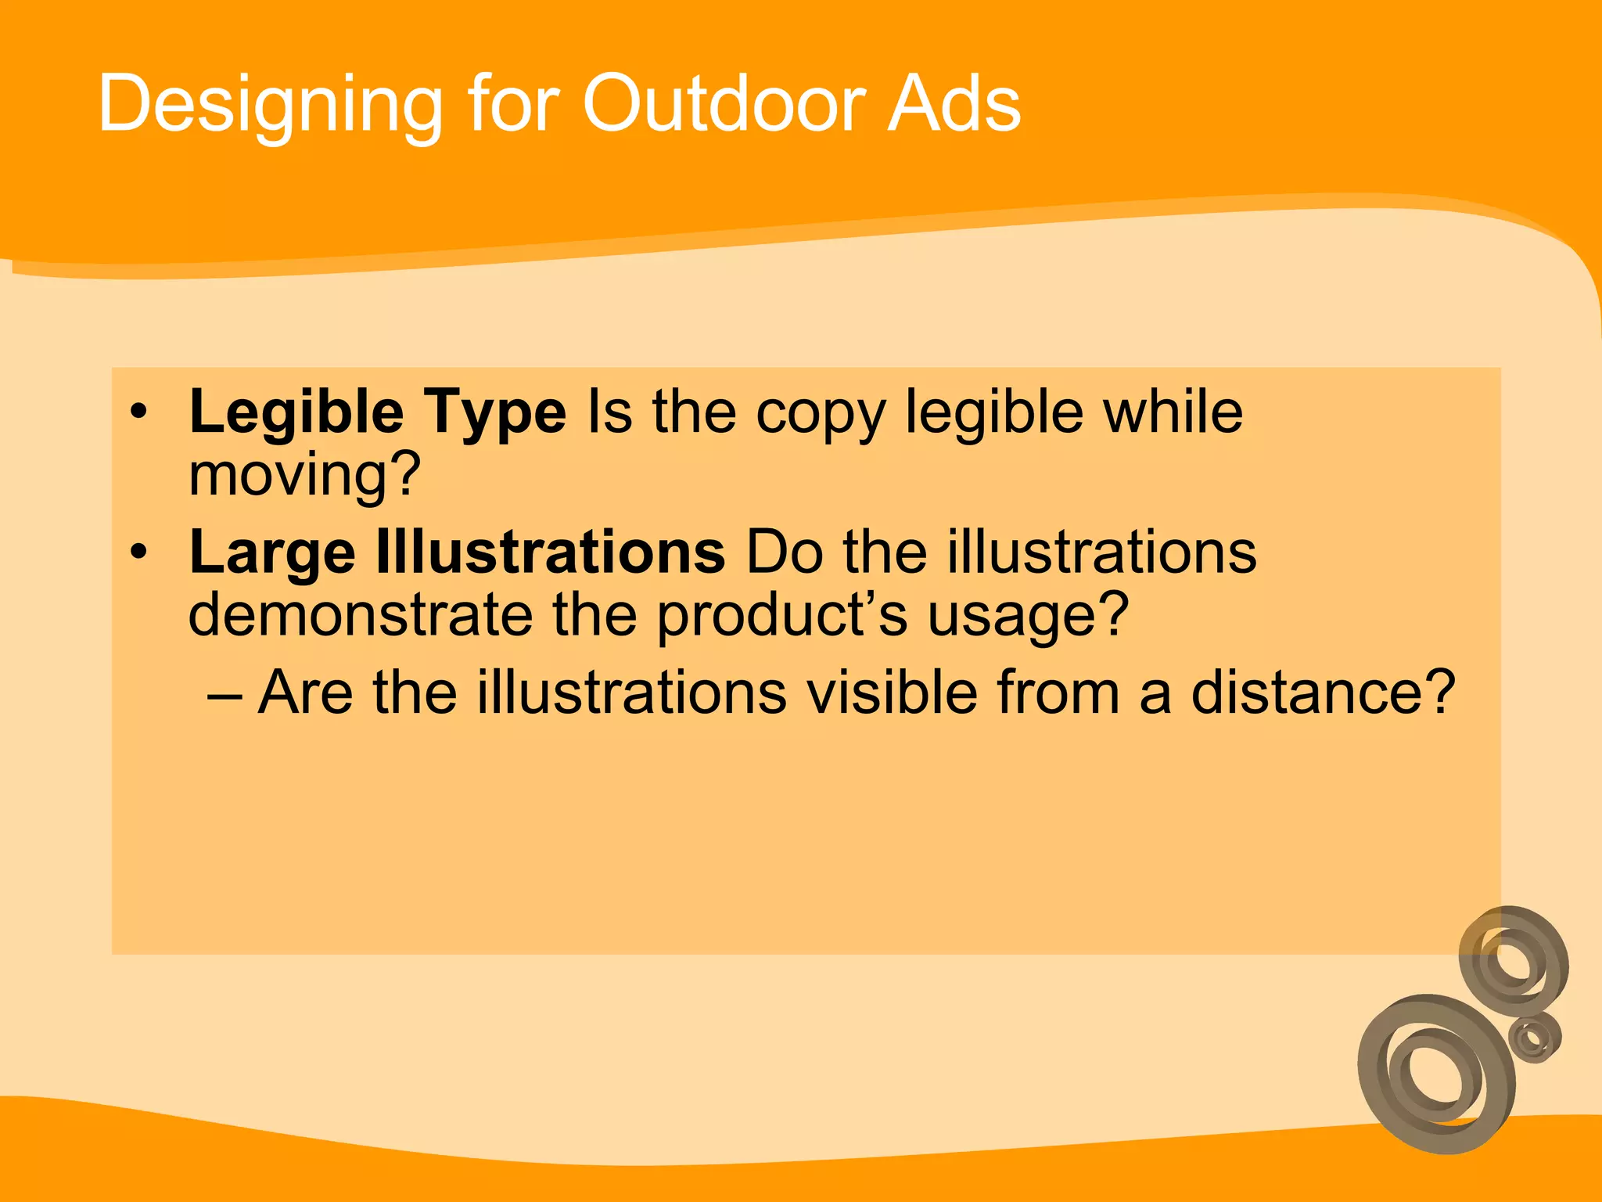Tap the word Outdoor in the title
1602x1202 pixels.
(x=724, y=103)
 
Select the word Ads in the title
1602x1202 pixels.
(x=954, y=103)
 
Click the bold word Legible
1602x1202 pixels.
(x=296, y=412)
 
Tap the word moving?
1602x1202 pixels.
(x=305, y=475)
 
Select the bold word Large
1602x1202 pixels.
(x=272, y=553)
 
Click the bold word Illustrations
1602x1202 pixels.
(x=551, y=552)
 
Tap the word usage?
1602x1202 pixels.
(x=1028, y=616)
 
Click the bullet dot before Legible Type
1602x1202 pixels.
(x=139, y=412)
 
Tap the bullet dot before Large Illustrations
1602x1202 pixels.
(x=139, y=552)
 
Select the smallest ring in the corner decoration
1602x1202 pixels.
(x=1535, y=1038)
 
